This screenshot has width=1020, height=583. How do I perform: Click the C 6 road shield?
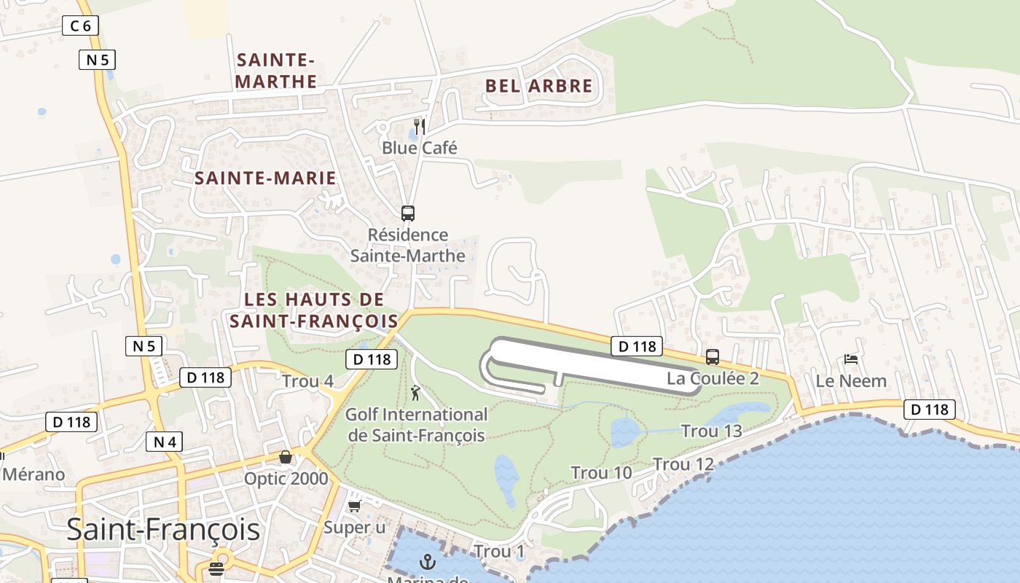coord(80,26)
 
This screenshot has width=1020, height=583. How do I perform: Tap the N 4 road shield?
coord(164,442)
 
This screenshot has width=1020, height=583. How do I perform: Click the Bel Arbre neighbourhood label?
coord(539,85)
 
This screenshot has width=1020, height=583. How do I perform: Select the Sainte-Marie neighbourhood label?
coord(265,178)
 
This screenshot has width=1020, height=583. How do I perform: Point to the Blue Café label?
coord(420,148)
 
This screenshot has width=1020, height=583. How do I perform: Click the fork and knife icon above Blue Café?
coord(419,125)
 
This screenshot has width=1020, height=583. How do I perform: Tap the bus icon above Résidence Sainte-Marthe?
coord(408,214)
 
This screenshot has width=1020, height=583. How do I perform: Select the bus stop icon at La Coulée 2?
coord(713,357)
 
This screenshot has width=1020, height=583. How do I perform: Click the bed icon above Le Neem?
coord(850,359)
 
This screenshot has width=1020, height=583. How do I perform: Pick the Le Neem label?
coord(851,380)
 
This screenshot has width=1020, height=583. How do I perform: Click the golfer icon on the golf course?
coord(415,394)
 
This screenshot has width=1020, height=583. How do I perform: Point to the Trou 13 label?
coord(711,431)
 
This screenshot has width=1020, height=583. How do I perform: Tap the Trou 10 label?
coord(601,473)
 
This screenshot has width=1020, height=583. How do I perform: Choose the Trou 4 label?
coord(307,381)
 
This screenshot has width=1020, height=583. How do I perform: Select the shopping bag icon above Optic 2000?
coord(286,457)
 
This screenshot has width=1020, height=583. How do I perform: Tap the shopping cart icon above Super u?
coord(355,506)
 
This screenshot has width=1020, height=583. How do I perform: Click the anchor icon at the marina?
coord(428,562)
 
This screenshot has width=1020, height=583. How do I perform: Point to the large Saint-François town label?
coord(163,529)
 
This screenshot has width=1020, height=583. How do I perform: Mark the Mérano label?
coord(34,474)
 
